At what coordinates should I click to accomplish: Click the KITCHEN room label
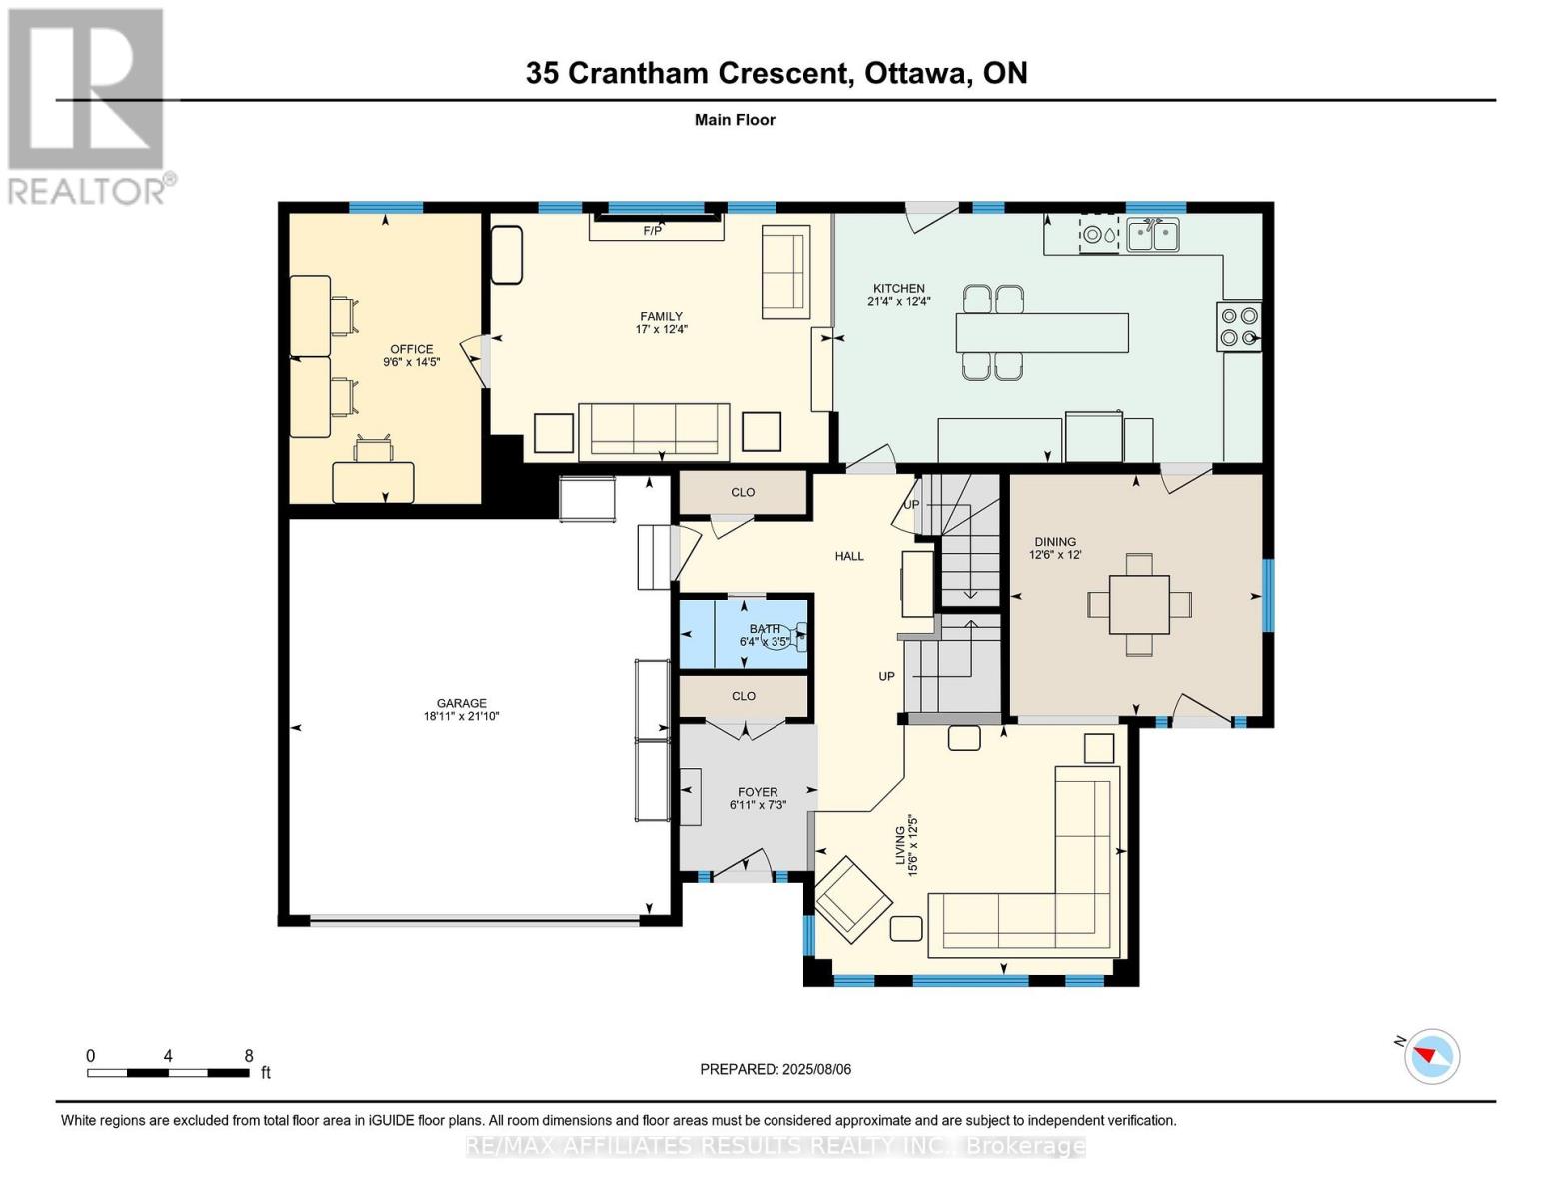coord(898,288)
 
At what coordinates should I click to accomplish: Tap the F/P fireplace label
coord(652,231)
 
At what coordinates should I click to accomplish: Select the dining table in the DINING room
coord(1139,604)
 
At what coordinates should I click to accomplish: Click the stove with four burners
coord(1239,326)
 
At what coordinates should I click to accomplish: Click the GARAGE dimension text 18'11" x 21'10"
coord(461,716)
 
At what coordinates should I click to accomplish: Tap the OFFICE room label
coord(411,349)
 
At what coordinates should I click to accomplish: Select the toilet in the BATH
coord(797,636)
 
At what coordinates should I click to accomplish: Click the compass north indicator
coord(1431,1055)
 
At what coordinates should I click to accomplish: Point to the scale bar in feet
coord(168,1073)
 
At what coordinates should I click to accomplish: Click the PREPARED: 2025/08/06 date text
coord(776,1069)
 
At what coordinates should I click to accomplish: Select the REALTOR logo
coord(87,105)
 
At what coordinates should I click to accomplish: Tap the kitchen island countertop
coord(1042,333)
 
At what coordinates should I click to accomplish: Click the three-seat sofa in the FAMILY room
coord(655,430)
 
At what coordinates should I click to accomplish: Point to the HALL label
coord(849,556)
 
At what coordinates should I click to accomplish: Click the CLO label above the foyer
coord(743,696)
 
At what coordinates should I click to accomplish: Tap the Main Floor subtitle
coord(735,120)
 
